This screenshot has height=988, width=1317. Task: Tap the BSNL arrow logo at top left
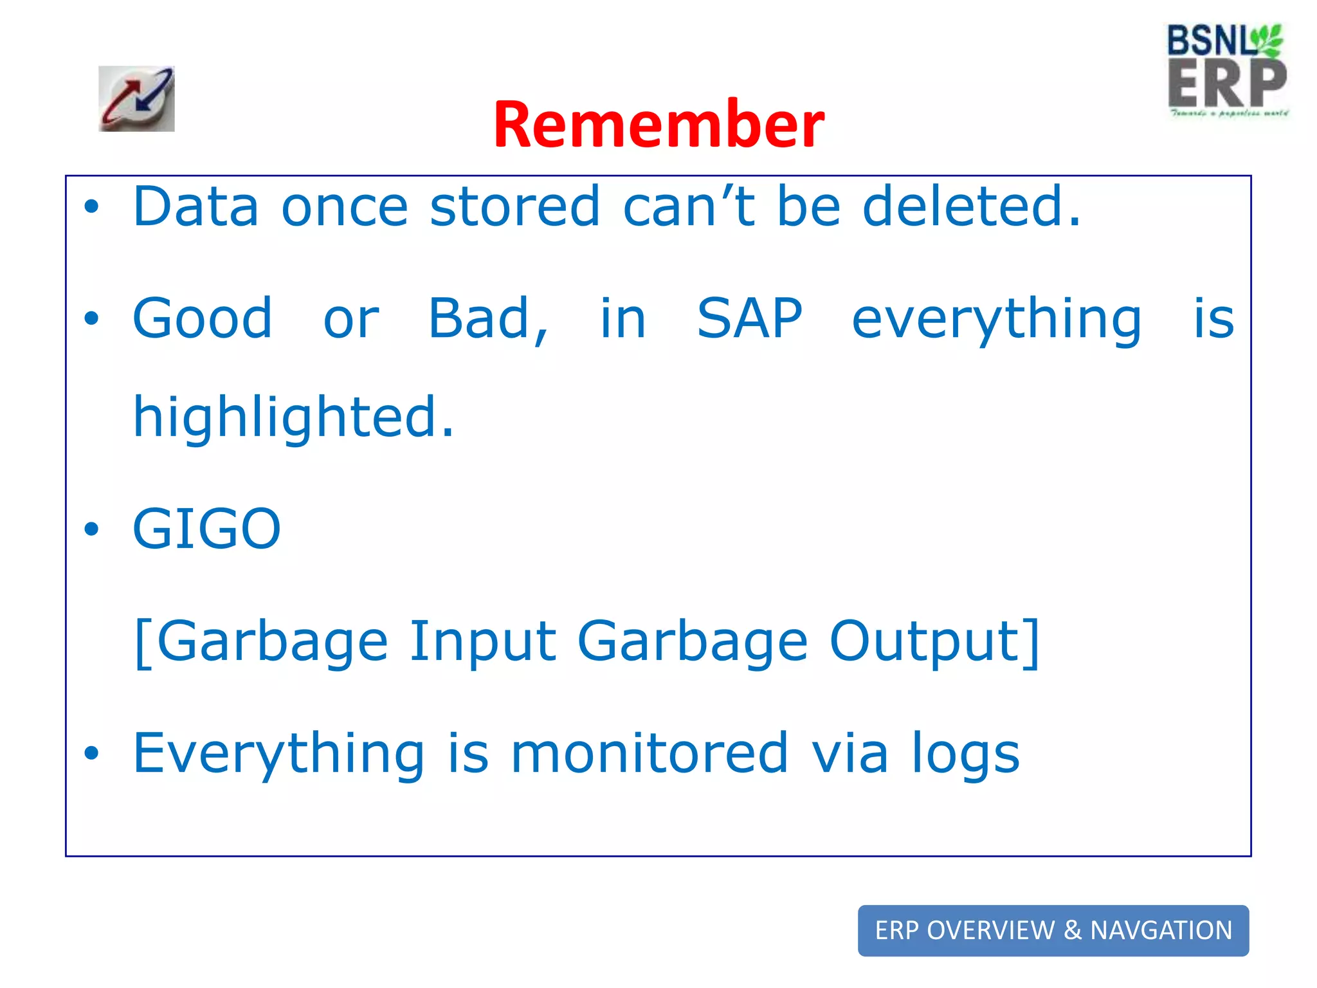pos(136,99)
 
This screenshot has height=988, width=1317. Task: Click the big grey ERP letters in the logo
pos(1226,84)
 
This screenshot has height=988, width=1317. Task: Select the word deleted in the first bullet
pos(971,206)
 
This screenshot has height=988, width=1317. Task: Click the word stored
pos(514,206)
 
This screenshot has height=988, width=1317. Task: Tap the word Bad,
pos(489,320)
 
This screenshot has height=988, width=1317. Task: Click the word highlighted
pos(293,418)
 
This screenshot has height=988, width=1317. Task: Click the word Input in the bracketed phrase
pos(482,641)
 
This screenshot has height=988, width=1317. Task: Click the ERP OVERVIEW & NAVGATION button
pos(1053,930)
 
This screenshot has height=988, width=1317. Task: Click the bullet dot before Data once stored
pos(92,207)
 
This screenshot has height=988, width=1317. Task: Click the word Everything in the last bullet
pos(278,754)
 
